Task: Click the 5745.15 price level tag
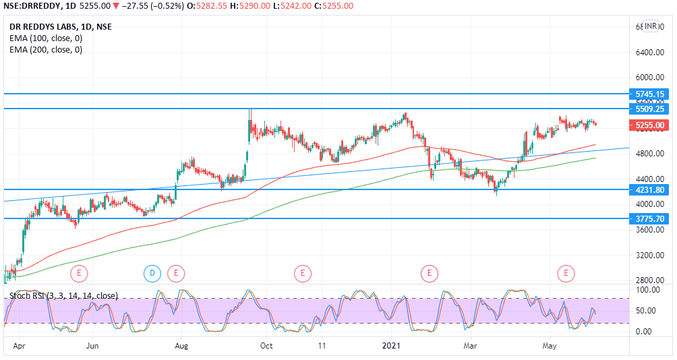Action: (x=650, y=94)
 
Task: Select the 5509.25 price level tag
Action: (x=650, y=109)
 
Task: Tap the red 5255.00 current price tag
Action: (x=650, y=125)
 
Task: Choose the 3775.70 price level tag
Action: (x=650, y=218)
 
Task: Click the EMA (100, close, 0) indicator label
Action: (x=46, y=38)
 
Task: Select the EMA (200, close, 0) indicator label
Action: (x=46, y=49)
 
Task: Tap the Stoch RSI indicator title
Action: (x=63, y=295)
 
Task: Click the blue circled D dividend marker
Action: (x=152, y=273)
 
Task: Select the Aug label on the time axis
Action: (x=181, y=346)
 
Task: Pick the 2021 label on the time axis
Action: (x=392, y=346)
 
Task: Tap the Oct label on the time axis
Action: (x=267, y=346)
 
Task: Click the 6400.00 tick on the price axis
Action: (x=650, y=52)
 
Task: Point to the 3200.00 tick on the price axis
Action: (x=650, y=256)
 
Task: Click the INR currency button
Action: (x=651, y=26)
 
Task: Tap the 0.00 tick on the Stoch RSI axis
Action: (x=643, y=332)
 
